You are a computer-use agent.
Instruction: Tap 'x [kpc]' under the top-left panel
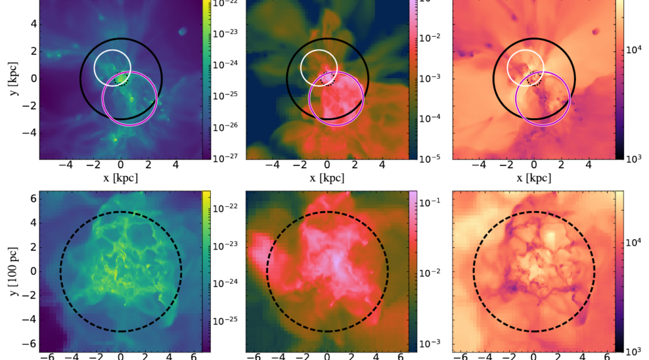tap(121, 178)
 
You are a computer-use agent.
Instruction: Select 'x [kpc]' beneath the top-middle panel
tap(327, 178)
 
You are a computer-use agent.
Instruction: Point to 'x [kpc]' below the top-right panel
tap(533, 178)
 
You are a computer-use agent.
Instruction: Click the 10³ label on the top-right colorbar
tap(635, 158)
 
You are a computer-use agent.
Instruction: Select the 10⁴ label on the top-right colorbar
tap(635, 52)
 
